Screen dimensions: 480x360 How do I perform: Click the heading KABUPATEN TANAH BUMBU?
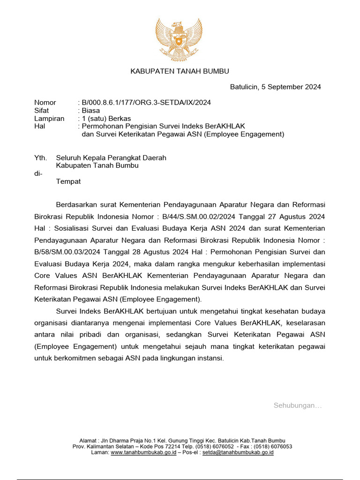[180, 71]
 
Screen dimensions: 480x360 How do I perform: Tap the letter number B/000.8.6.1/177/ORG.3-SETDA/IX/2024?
[146, 102]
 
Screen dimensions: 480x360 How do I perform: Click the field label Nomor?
[45, 102]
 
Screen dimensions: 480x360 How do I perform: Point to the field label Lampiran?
[49, 118]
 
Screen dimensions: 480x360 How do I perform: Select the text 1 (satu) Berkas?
[106, 118]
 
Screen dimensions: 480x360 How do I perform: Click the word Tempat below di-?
[68, 181]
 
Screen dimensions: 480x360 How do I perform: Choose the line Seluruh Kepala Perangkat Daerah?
[111, 158]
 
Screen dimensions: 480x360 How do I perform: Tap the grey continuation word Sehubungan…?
[298, 405]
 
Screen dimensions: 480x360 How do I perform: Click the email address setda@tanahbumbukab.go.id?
[238, 453]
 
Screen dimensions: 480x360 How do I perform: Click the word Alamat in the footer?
[88, 441]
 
